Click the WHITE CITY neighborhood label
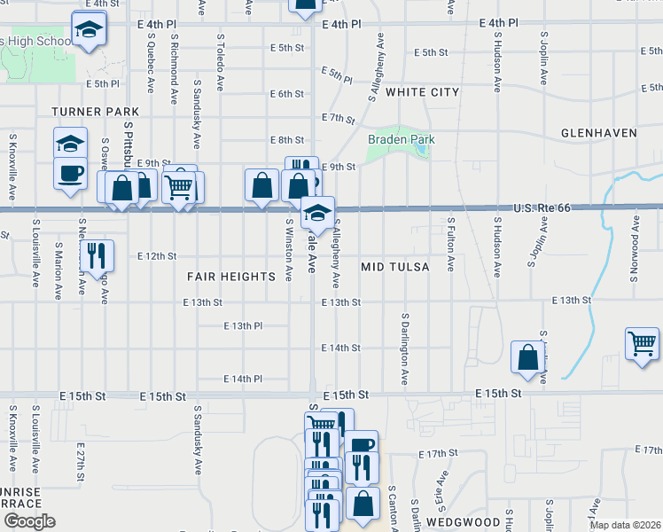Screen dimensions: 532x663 [x=422, y=92]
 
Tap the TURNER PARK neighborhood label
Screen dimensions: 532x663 [x=96, y=112]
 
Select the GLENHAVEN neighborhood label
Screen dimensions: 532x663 [x=599, y=133]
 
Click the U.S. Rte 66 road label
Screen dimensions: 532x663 [x=542, y=208]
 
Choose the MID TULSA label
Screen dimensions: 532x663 [x=395, y=267]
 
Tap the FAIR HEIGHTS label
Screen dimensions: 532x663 [x=231, y=277]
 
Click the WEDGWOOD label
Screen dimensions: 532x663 [x=458, y=522]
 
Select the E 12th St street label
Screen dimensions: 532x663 [x=158, y=255]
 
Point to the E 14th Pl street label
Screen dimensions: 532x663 [x=243, y=379]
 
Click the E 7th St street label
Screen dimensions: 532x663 [x=339, y=118]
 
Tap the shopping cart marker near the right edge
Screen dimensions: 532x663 [x=643, y=341]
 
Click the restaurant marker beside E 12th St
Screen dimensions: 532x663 [x=97, y=255]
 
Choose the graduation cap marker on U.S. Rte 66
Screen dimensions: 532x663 [x=317, y=212]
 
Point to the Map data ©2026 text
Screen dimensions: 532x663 [x=625, y=525]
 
